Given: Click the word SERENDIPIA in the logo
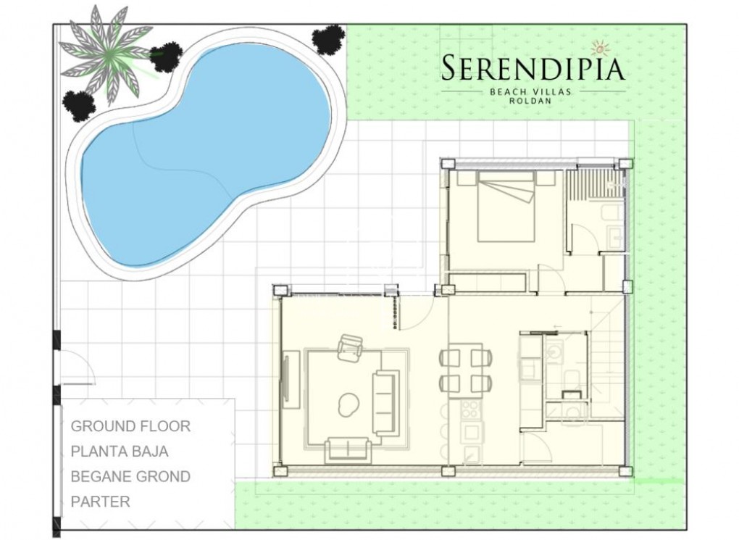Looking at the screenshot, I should [x=533, y=69].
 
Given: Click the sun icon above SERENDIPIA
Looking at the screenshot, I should [x=600, y=48].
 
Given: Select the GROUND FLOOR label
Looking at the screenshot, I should [x=130, y=426].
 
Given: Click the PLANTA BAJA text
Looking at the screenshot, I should [x=120, y=452].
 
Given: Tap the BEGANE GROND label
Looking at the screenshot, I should [x=130, y=477].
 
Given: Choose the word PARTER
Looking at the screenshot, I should [x=101, y=502].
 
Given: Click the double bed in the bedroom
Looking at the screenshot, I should [x=506, y=207].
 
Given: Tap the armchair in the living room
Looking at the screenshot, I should [x=351, y=347].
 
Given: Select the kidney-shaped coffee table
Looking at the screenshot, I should [x=349, y=403].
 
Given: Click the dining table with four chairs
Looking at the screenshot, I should [x=466, y=370].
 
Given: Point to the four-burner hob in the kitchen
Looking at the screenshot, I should [x=470, y=410].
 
